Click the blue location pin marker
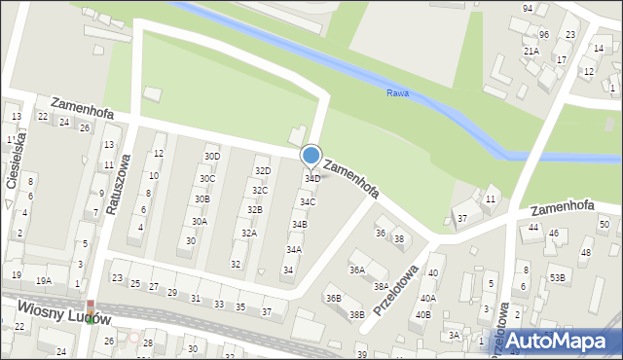tap(311, 156)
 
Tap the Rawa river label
tap(397, 94)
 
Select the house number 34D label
tap(312, 179)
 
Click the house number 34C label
tap(307, 202)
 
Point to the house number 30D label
tap(211, 157)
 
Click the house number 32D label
tap(262, 171)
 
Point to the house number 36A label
tap(357, 270)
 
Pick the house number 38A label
tap(381, 287)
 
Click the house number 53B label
tap(557, 278)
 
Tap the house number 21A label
tap(531, 51)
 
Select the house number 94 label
tap(528, 8)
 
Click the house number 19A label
tap(44, 281)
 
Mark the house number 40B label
tap(422, 314)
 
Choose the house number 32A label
tap(249, 234)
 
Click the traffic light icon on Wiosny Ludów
tap(91, 310)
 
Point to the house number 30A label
tap(199, 222)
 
